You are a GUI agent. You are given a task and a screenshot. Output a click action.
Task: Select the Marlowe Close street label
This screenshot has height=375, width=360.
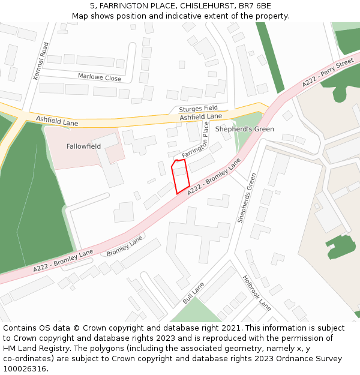pyautogui.click(x=100, y=77)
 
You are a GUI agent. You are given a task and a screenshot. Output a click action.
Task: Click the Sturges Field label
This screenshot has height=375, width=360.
pyautogui.click(x=198, y=109)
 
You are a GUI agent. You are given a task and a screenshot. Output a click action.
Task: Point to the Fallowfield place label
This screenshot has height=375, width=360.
pyautogui.click(x=83, y=146)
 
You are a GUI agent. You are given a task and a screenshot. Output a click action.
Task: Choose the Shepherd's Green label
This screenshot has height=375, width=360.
pyautogui.click(x=244, y=129)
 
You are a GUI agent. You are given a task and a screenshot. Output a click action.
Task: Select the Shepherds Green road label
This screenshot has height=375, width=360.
pyautogui.click(x=247, y=198)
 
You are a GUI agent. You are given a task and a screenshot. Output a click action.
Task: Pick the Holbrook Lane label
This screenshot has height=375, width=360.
pyautogui.click(x=257, y=292)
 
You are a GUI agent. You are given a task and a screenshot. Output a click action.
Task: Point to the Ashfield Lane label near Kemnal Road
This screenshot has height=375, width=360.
pyautogui.click(x=57, y=121)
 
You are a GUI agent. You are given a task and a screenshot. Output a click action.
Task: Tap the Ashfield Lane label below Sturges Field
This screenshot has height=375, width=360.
pyautogui.click(x=200, y=116)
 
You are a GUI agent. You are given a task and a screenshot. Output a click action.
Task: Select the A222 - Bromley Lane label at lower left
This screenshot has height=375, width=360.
pyautogui.click(x=63, y=259)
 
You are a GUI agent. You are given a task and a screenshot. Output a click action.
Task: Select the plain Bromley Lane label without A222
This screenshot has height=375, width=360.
pyautogui.click(x=125, y=247)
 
